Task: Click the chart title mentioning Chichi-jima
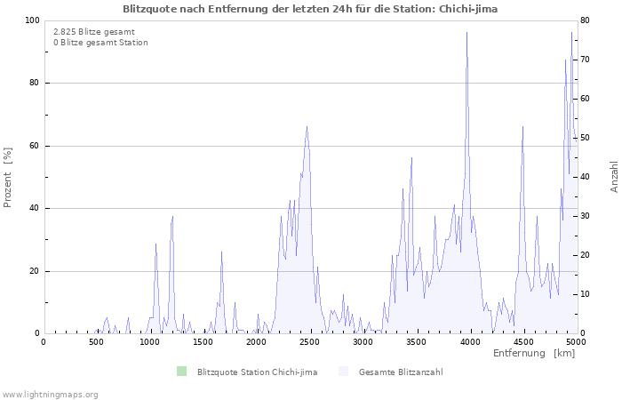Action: [x=310, y=8]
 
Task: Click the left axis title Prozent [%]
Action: [x=8, y=177]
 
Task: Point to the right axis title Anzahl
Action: [x=614, y=177]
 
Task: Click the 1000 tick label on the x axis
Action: [x=149, y=341]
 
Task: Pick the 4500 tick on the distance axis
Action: [x=522, y=341]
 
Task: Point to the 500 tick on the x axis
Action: [x=97, y=341]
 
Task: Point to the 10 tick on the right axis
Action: [x=586, y=294]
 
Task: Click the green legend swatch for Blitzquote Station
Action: [x=182, y=371]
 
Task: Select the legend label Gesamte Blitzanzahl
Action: [x=401, y=372]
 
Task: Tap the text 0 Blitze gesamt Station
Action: [x=100, y=43]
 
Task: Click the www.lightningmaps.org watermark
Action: [x=50, y=394]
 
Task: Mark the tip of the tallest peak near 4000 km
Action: [x=466, y=33]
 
